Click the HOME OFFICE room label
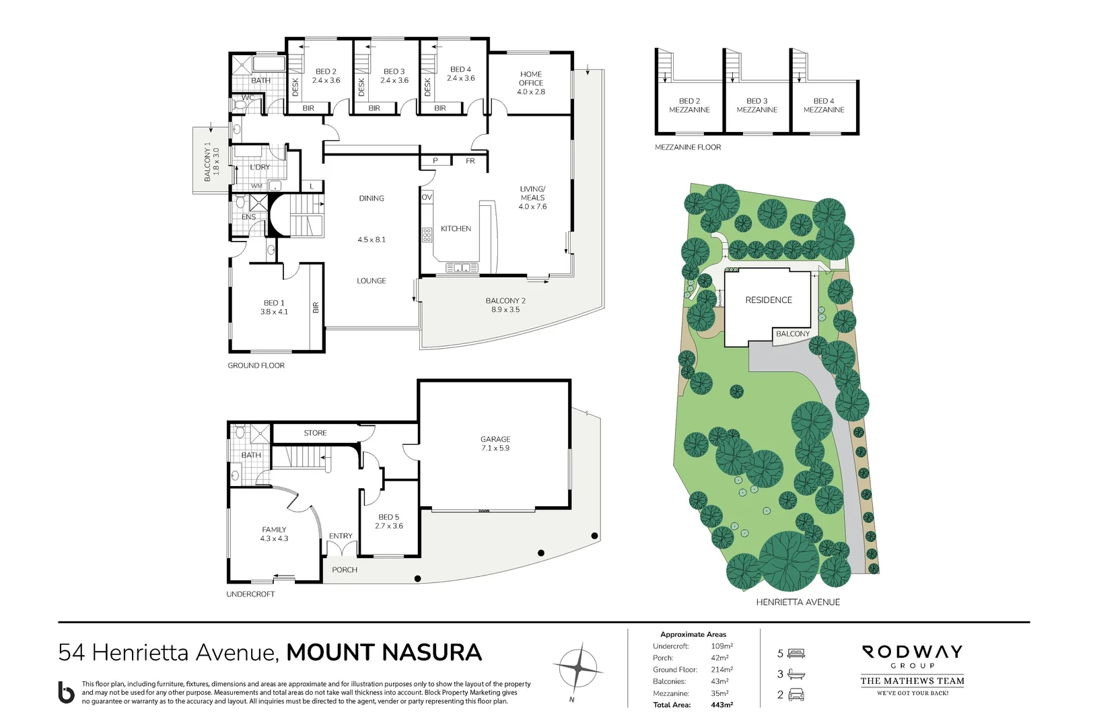[x=531, y=79]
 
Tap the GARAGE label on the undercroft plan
[x=495, y=439]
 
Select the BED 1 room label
[x=274, y=303]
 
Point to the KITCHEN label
[x=456, y=229]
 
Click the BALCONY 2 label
[x=505, y=301]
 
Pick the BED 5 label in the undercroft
[x=389, y=517]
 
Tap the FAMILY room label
[x=274, y=530]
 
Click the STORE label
[x=315, y=433]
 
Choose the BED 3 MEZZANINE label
[x=756, y=105]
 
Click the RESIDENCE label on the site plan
[x=769, y=300]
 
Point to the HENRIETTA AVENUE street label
[x=798, y=602]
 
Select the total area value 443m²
[x=721, y=705]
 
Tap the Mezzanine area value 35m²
[x=719, y=693]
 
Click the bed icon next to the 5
[x=797, y=653]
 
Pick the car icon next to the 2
[x=796, y=695]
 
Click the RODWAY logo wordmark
[x=912, y=652]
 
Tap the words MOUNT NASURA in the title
[x=384, y=652]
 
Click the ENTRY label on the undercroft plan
[x=341, y=536]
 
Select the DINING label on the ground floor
[x=372, y=199]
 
